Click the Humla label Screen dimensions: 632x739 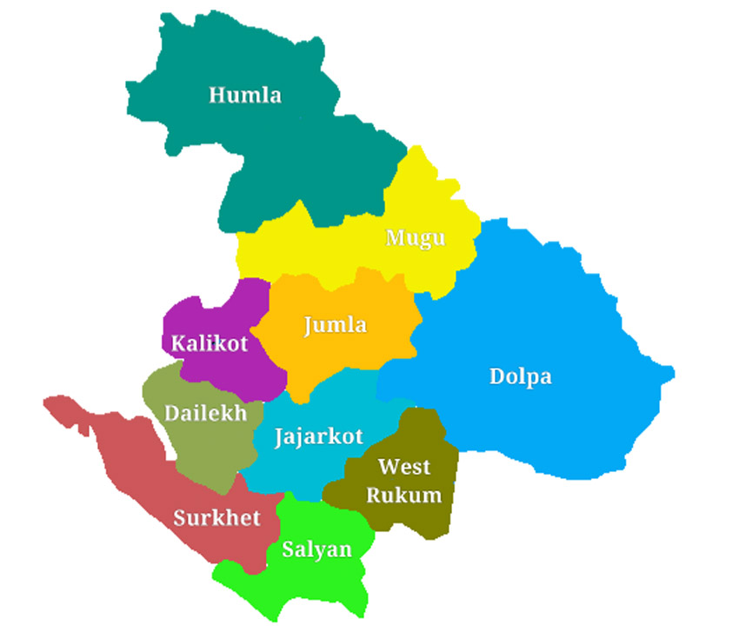tap(245, 95)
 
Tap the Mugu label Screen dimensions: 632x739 tap(416, 237)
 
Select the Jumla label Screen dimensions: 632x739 tap(335, 325)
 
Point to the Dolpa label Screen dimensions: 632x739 tap(521, 376)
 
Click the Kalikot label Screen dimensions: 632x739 tap(210, 343)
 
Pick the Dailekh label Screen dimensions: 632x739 tap(206, 412)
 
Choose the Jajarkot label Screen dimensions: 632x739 tap(318, 436)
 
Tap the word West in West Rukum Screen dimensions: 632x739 tap(404, 468)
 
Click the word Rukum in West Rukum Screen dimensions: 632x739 tap(403, 496)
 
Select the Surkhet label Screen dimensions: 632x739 tap(216, 518)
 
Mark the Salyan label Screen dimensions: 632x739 tap(316, 549)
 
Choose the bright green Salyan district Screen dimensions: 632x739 tap(322, 582)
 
